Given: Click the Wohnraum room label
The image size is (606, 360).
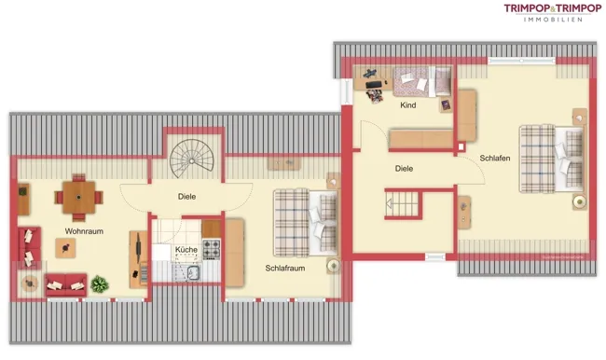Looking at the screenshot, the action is (84, 231).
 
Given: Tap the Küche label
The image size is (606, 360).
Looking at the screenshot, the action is (186, 250).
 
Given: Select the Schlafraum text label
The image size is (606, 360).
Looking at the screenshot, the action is (285, 268).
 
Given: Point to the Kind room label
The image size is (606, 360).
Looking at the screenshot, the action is (408, 105).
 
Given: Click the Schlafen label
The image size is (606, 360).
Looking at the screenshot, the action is (495, 159).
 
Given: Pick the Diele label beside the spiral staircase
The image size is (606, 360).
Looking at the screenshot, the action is (186, 197).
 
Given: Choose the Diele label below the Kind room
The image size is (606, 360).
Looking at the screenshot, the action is (404, 169).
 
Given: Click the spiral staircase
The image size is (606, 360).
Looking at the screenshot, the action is (191, 159).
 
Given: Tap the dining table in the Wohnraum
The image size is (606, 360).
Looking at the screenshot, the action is (79, 197).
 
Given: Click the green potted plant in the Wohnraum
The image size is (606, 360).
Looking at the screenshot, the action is (100, 284).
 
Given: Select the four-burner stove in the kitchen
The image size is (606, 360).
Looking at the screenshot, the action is (212, 249).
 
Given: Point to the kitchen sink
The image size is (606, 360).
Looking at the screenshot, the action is (193, 272).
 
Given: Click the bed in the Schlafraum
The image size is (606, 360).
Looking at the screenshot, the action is (305, 223).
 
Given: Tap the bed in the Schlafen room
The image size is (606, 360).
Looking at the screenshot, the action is (552, 159).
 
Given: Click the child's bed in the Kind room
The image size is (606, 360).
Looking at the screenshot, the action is (422, 81).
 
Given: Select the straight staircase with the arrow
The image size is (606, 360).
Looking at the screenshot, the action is (402, 203).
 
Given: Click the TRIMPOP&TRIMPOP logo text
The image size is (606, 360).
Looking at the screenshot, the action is (553, 8).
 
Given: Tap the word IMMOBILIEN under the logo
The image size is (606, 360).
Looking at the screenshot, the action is (553, 20).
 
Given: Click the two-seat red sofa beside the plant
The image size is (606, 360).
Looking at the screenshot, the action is (65, 285).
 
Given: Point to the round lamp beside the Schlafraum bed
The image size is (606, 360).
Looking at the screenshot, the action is (333, 265).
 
